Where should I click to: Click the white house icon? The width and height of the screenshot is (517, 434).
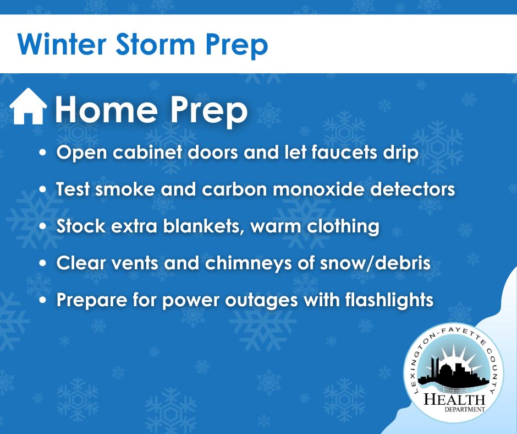28,106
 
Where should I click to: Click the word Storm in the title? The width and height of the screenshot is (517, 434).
155,45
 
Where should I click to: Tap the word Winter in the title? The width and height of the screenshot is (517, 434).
62,44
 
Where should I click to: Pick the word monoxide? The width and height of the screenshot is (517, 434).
318,189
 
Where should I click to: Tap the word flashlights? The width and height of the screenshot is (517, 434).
389,300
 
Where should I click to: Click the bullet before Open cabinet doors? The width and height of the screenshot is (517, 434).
42,153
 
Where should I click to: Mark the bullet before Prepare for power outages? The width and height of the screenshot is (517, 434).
42,301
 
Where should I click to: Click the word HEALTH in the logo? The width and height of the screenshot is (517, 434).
454,399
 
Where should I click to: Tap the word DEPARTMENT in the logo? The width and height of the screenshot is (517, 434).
465,410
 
